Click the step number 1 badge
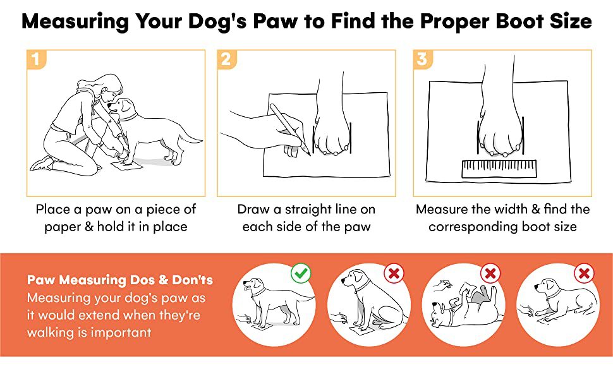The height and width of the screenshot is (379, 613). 36,59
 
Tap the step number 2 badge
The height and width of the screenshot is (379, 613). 226,59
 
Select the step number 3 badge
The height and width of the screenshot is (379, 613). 422,59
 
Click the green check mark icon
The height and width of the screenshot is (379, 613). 301,273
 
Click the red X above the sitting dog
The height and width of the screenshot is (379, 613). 394,273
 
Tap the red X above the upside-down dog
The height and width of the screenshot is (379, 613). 490,273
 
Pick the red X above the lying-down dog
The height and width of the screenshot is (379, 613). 584,273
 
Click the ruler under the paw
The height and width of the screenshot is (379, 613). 499,169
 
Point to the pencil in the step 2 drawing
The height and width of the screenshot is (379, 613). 289,129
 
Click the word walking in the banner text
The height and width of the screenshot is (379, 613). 50,332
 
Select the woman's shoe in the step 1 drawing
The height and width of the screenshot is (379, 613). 42,164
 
